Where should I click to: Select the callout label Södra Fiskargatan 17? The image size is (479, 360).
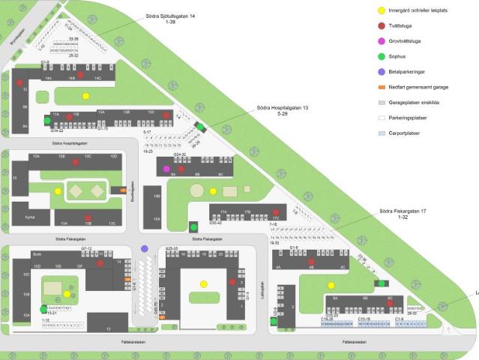pyautogui.click(x=403, y=211)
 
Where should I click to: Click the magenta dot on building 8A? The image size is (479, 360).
pyautogui.click(x=167, y=169)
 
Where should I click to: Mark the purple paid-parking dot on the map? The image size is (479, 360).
pyautogui.click(x=145, y=248)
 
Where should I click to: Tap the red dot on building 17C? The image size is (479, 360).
pyautogui.click(x=277, y=213)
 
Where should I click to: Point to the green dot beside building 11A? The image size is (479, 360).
pyautogui.click(x=46, y=120)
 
